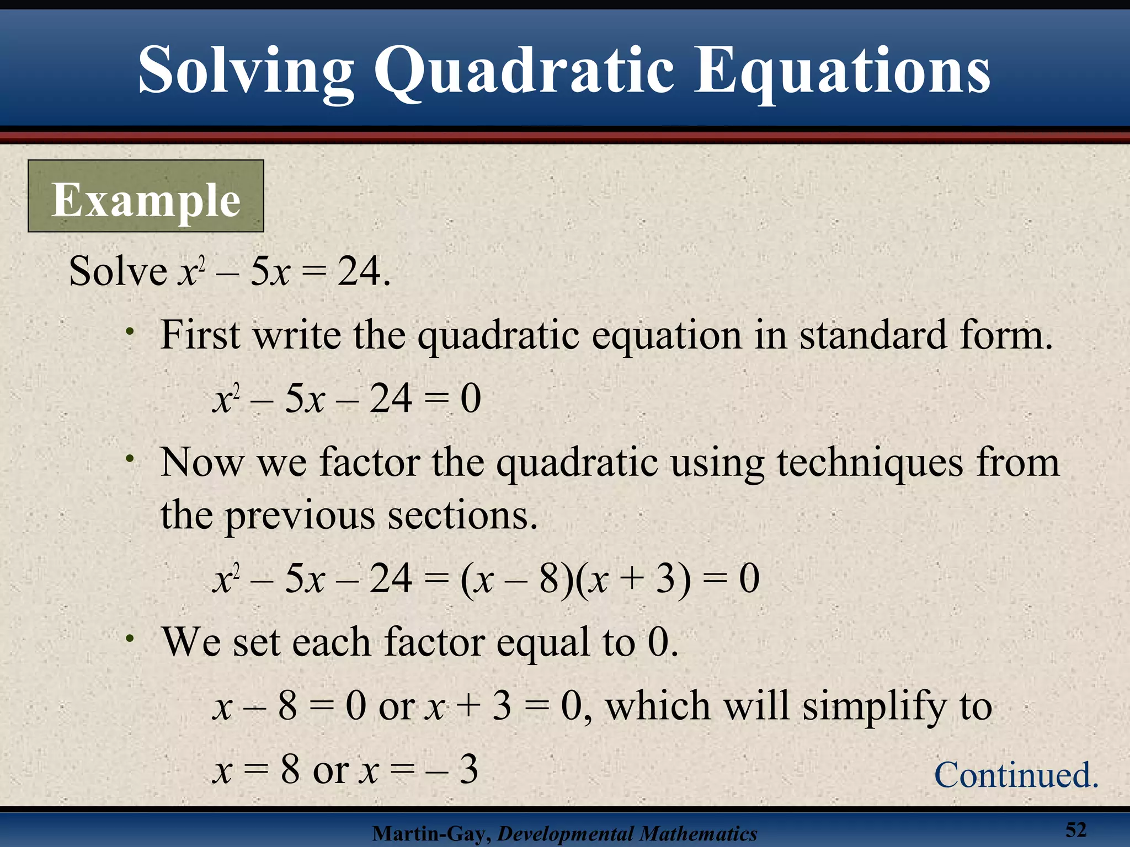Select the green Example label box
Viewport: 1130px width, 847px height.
(146, 196)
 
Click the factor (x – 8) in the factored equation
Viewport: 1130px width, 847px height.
(516, 579)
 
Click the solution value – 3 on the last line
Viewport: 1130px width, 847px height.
(452, 770)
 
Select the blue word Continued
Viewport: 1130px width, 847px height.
(1016, 775)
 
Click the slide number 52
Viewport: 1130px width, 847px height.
(1075, 829)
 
